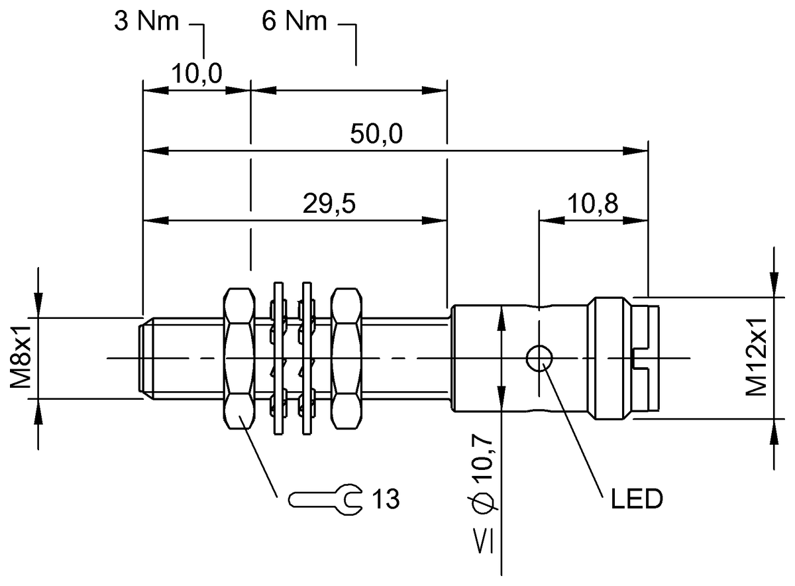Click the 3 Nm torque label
tap(146, 21)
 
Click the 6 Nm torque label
tap(294, 21)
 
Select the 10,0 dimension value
tap(197, 74)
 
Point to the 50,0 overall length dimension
tap(376, 134)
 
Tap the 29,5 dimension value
tap(329, 204)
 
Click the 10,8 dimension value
tap(593, 204)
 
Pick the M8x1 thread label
tap(21, 358)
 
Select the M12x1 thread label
tap(756, 357)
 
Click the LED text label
tap(637, 498)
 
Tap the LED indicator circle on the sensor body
tap(539, 358)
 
